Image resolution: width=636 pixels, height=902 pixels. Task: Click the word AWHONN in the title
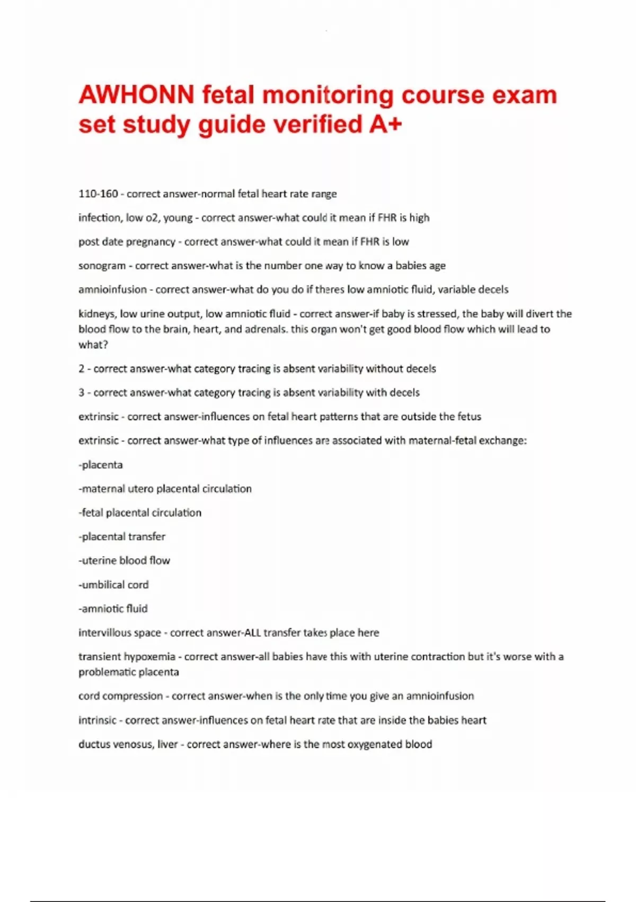136,96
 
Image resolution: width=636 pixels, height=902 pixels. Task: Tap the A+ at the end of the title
385,125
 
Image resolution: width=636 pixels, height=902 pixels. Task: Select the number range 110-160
98,194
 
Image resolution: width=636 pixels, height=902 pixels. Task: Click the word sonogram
102,266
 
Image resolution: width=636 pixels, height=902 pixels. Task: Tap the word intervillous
105,632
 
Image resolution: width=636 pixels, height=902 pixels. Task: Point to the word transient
99,656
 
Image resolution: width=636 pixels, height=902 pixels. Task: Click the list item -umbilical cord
113,585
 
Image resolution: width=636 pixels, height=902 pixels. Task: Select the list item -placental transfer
122,536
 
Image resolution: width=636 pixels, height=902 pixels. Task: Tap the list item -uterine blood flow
124,560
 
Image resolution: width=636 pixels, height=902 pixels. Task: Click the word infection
99,218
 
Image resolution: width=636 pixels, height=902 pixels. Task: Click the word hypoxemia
149,656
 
